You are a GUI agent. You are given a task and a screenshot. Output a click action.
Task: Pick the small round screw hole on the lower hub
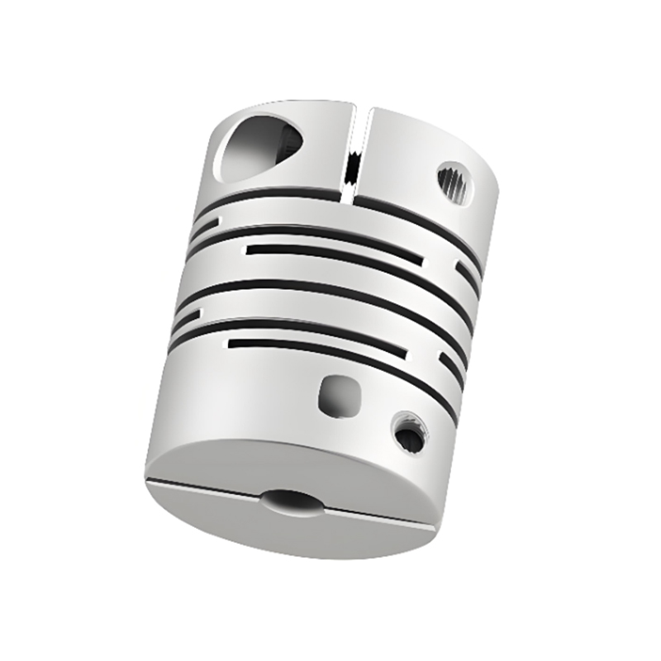(407, 431)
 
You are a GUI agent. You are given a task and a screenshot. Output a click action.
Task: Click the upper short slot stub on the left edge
(206, 223)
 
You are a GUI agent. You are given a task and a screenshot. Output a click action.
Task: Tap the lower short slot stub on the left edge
(188, 316)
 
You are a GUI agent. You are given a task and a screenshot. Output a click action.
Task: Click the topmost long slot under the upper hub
(347, 212)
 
